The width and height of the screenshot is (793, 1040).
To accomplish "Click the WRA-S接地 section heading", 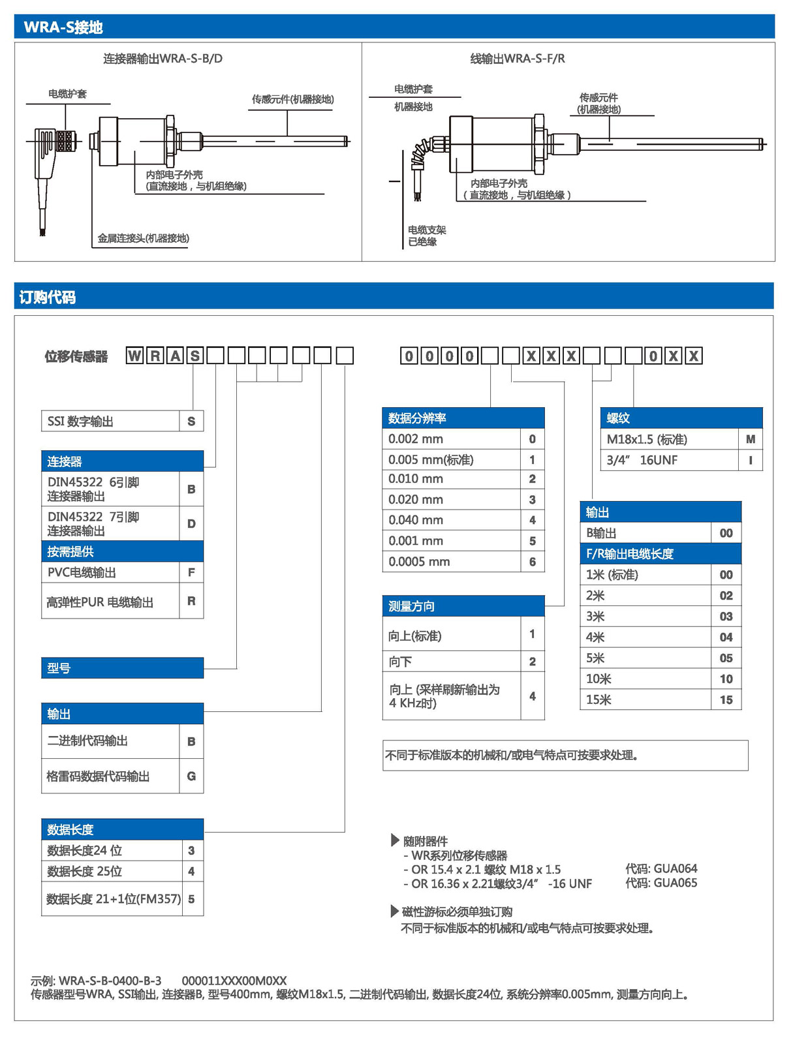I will (x=63, y=27).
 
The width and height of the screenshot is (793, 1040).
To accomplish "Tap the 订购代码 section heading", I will (x=47, y=298).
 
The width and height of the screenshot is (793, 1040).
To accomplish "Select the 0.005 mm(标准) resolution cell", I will (x=431, y=460).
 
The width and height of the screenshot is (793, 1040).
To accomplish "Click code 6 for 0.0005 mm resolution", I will (x=533, y=562).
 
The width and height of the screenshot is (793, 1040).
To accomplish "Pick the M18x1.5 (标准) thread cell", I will (x=647, y=440).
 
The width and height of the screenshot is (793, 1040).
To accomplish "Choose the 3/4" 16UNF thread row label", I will (x=642, y=461).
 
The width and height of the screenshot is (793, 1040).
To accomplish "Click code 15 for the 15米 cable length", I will (x=726, y=700).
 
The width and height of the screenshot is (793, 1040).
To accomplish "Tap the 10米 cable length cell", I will (x=599, y=679).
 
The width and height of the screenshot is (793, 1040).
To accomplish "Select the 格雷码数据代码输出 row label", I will (x=98, y=776).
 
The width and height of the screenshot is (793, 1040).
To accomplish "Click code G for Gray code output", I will (x=191, y=776).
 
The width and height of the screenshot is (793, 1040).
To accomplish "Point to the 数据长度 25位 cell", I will (x=85, y=872).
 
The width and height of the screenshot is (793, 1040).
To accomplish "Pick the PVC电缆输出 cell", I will (x=82, y=573).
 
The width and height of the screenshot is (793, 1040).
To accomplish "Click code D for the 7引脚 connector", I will (x=191, y=524).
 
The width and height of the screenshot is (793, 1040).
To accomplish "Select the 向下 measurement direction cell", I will (x=401, y=662).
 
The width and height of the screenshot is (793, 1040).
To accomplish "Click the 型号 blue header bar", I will (x=122, y=668).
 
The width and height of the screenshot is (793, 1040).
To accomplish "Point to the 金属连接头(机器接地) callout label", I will (x=143, y=239).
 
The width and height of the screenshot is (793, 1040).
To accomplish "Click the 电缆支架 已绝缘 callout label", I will (x=427, y=236).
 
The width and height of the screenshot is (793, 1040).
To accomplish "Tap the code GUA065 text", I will (x=661, y=883).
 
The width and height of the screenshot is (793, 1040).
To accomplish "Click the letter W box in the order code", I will (x=134, y=356).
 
